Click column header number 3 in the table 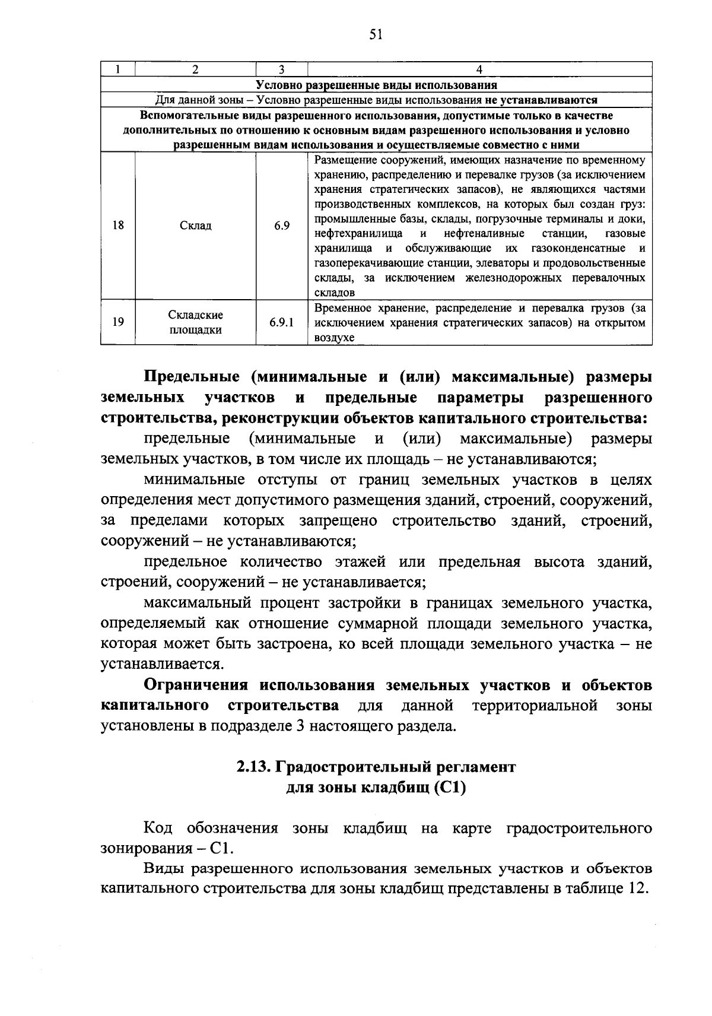pos(281,69)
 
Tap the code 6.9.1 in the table pos(281,322)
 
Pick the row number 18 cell pos(118,226)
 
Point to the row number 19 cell pos(118,322)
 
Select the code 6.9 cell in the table pos(281,226)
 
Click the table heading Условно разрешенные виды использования pos(376,85)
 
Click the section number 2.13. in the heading pos(254,767)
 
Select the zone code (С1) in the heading pos(450,788)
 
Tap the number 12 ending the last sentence pos(635,889)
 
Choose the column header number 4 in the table pos(479,69)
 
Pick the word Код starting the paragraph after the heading pos(158,828)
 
